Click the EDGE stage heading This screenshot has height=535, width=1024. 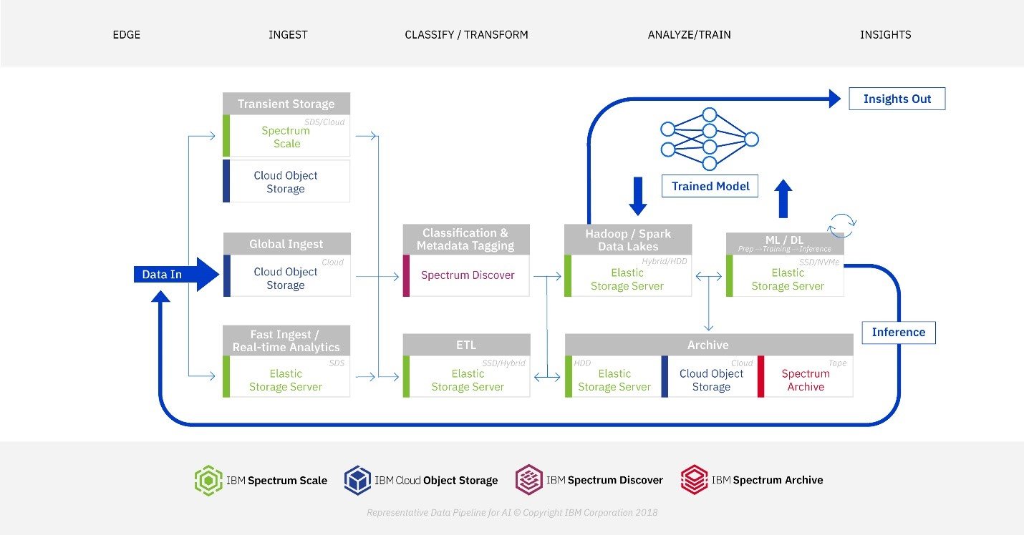point(127,34)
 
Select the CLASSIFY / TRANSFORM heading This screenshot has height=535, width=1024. point(466,34)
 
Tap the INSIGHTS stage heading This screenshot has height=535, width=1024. point(885,34)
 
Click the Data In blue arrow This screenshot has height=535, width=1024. point(175,275)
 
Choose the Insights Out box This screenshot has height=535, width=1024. point(897,99)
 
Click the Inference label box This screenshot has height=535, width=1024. point(898,332)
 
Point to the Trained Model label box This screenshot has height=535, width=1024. point(710,186)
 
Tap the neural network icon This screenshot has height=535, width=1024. point(709,139)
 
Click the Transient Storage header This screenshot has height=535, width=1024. point(286,104)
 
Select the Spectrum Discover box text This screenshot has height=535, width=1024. point(468,275)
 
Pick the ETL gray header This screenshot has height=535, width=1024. point(466,345)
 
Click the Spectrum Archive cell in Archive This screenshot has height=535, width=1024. point(806,380)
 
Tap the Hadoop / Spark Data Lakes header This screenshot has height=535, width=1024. point(627,240)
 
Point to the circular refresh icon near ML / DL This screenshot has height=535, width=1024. point(841,225)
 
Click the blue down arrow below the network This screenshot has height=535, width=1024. point(637,196)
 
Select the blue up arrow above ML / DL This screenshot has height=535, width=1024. point(783,198)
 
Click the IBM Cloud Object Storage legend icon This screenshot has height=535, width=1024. point(357,480)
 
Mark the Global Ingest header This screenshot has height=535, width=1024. point(286,244)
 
